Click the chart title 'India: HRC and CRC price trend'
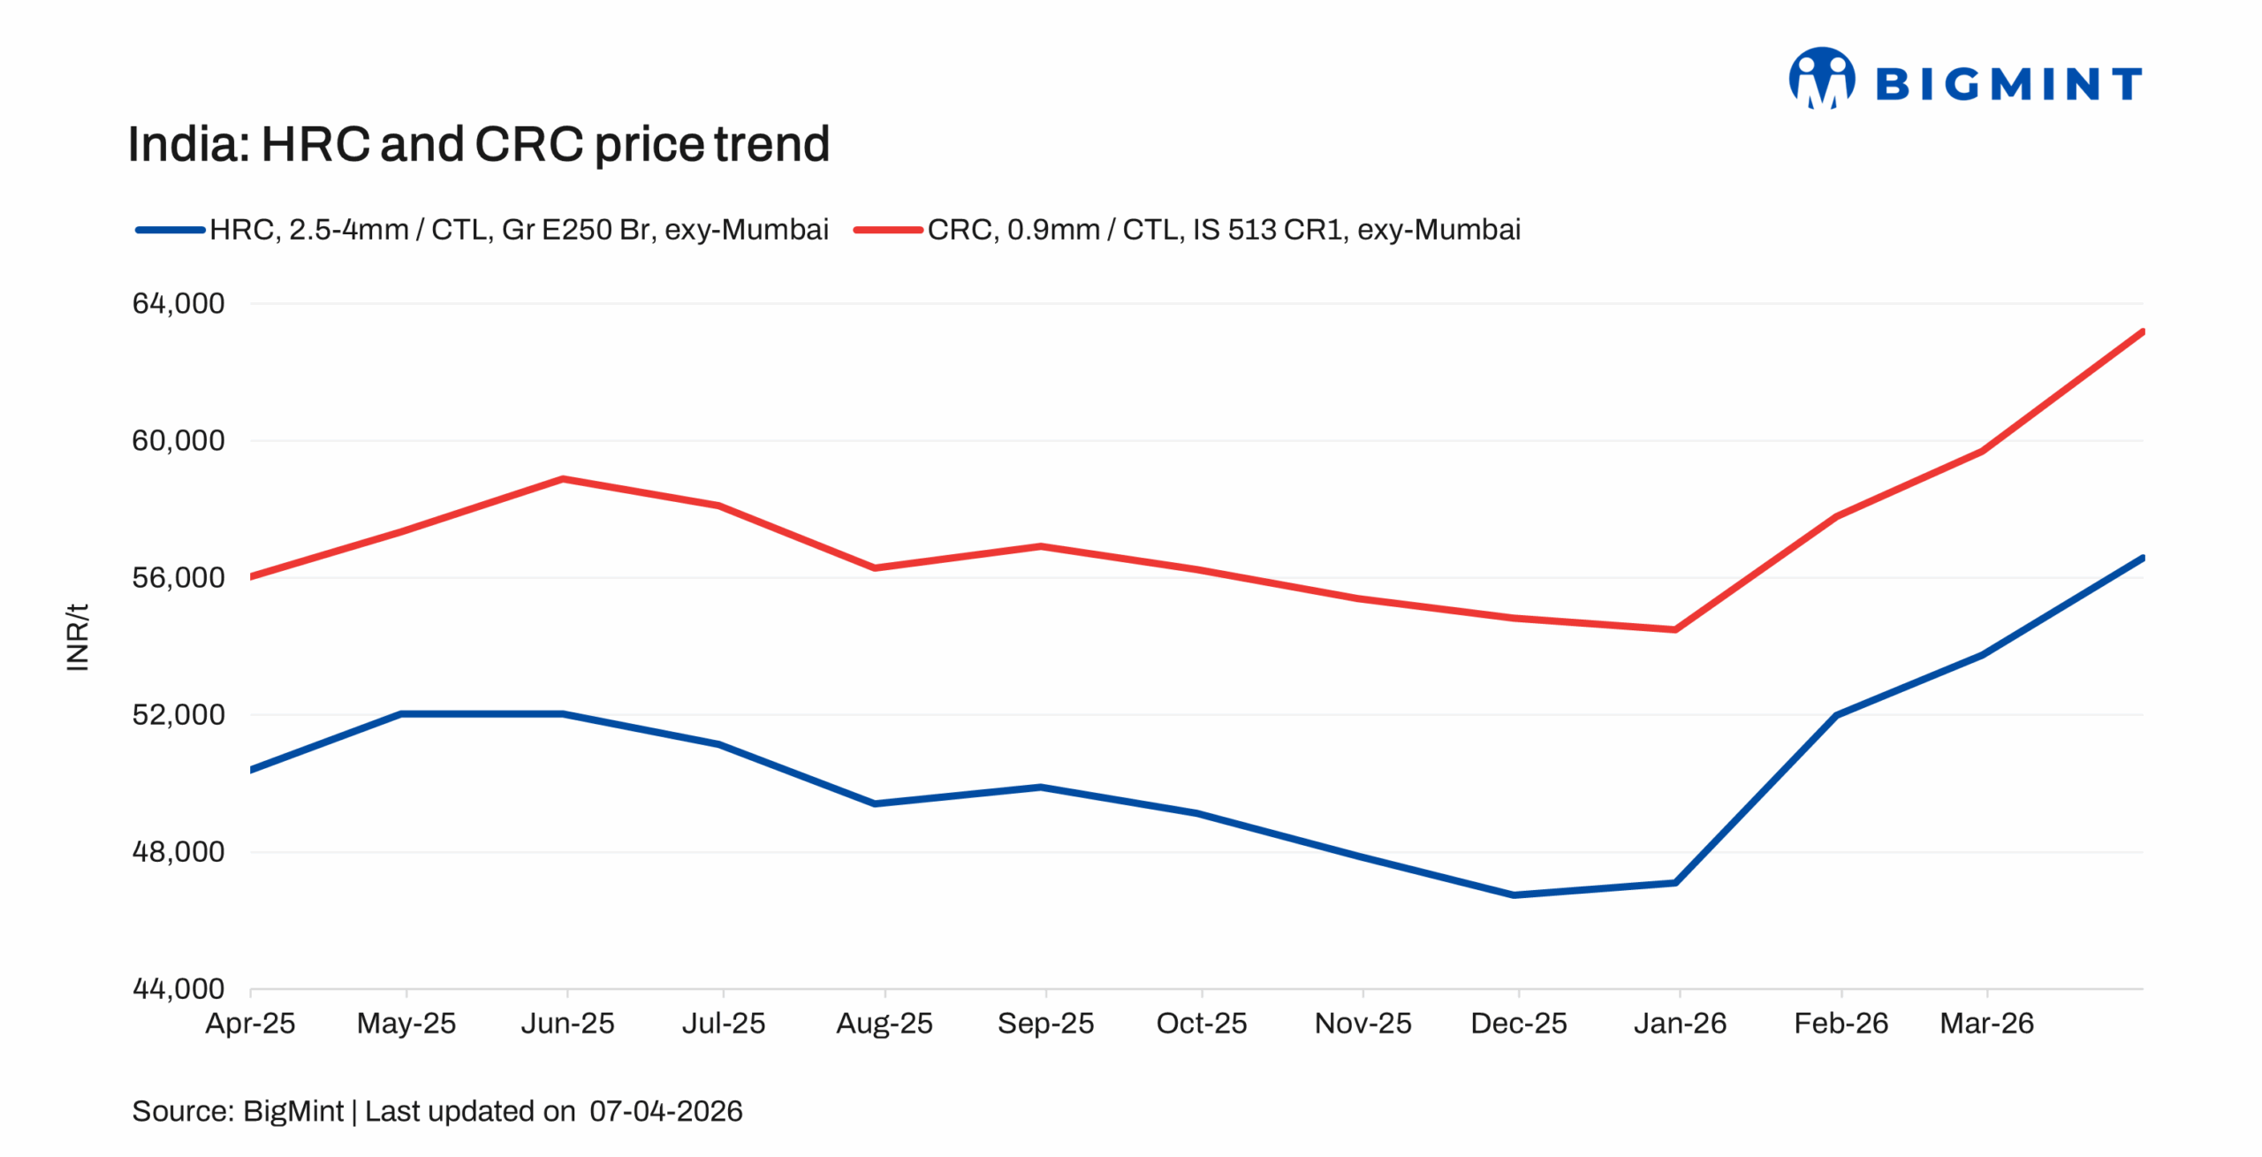(478, 144)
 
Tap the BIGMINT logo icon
(1821, 79)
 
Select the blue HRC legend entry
(482, 230)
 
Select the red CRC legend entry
(1187, 230)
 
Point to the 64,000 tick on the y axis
(178, 304)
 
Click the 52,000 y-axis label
(178, 715)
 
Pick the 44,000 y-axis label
(178, 989)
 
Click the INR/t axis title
(78, 637)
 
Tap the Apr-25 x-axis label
(250, 1024)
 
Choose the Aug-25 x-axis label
(884, 1024)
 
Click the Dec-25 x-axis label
(1518, 1024)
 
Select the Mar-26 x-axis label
(1986, 1024)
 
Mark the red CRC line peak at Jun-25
(563, 479)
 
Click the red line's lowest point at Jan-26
(1675, 630)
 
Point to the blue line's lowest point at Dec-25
(1514, 895)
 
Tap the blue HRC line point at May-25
(402, 713)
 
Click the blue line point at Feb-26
(1837, 715)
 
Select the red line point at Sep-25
(1042, 546)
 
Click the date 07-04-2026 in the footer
(665, 1111)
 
